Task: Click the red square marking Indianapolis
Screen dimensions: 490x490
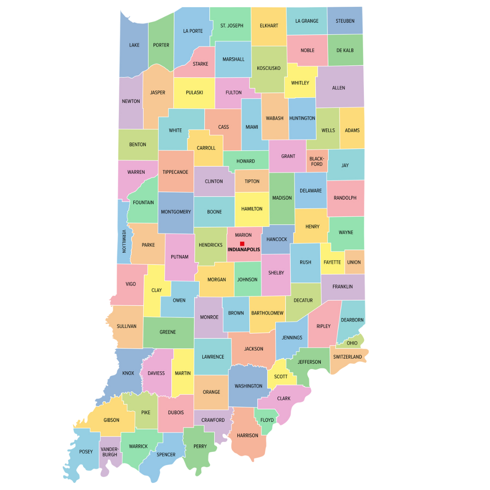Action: pos(242,244)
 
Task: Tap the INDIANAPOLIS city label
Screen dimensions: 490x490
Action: pos(244,250)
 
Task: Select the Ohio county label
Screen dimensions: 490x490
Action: pos(352,343)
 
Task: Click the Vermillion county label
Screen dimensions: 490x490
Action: pos(123,241)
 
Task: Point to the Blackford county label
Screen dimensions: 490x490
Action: pos(317,161)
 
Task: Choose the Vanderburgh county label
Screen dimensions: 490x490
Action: pos(109,451)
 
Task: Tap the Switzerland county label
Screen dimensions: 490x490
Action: pos(348,357)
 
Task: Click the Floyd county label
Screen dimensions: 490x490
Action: pos(267,420)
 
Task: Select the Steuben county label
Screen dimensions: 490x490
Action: pos(345,21)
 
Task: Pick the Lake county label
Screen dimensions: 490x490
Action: pos(134,45)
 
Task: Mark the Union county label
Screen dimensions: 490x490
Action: pos(354,262)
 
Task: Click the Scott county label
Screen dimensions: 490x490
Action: pos(281,377)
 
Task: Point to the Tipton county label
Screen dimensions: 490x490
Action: pos(252,181)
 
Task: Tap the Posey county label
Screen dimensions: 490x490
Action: pos(86,451)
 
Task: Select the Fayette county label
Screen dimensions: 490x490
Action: pos(332,262)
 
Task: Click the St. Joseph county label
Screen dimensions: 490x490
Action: pos(232,25)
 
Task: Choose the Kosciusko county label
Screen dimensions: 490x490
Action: pos(269,68)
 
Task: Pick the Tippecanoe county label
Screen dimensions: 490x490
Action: pos(176,172)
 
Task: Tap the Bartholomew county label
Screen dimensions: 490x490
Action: pos(267,313)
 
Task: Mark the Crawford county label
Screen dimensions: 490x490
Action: pos(213,420)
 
